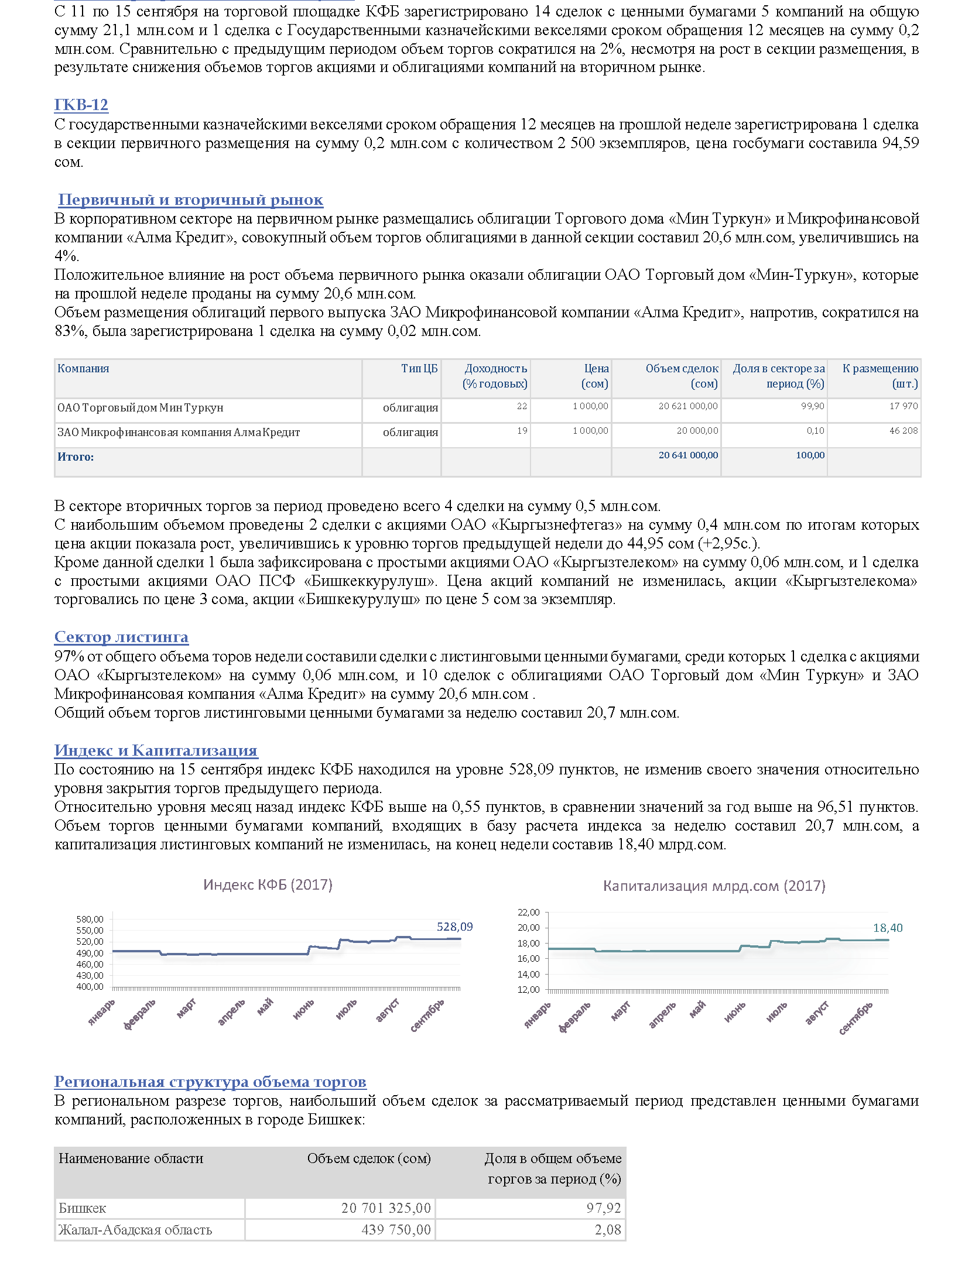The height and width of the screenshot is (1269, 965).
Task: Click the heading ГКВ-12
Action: pyautogui.click(x=81, y=105)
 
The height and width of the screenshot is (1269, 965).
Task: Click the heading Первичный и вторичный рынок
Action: pyautogui.click(x=190, y=200)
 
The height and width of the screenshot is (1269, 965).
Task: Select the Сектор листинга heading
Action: pyautogui.click(x=121, y=637)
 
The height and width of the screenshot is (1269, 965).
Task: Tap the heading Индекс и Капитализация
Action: pyautogui.click(x=156, y=750)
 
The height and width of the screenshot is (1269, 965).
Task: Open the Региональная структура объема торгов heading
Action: pyautogui.click(x=210, y=1082)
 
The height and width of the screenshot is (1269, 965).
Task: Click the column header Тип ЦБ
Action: pyautogui.click(x=419, y=368)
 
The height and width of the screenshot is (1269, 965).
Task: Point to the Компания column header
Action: pyautogui.click(x=83, y=368)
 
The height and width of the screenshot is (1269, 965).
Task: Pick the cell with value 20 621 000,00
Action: pyautogui.click(x=688, y=406)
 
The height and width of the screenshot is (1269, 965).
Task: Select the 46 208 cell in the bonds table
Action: pyautogui.click(x=904, y=431)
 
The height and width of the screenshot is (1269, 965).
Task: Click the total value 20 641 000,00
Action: pyautogui.click(x=688, y=455)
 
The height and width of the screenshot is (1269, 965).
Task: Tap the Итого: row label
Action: pyautogui.click(x=76, y=457)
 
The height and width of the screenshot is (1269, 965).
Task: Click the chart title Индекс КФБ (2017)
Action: pyautogui.click(x=268, y=884)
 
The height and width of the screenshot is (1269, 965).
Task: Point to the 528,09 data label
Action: pyautogui.click(x=454, y=927)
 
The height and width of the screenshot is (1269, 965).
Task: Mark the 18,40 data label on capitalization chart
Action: pyautogui.click(x=888, y=928)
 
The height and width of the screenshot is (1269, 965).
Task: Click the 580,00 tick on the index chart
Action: pyautogui.click(x=90, y=919)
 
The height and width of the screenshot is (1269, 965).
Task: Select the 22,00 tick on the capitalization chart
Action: pyautogui.click(x=529, y=912)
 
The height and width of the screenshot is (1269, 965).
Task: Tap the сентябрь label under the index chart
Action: pyautogui.click(x=427, y=1016)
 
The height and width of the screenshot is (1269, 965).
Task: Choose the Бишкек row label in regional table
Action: pyautogui.click(x=83, y=1208)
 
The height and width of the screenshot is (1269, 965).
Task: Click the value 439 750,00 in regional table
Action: pyautogui.click(x=396, y=1229)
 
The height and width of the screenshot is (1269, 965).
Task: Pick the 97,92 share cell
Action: pyautogui.click(x=604, y=1208)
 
